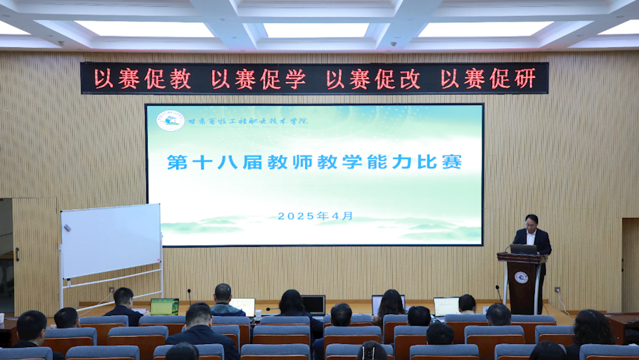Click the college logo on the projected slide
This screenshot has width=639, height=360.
click(171, 120)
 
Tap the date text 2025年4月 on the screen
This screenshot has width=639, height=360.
click(315, 216)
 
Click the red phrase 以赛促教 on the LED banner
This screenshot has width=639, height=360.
click(142, 79)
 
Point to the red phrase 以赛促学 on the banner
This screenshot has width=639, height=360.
click(258, 79)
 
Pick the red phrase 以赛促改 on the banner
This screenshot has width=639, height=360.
click(373, 79)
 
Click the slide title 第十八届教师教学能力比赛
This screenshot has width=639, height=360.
click(314, 162)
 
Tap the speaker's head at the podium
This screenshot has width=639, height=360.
click(531, 221)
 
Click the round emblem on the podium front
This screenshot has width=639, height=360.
click(521, 278)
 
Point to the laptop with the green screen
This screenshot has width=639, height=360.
click(164, 306)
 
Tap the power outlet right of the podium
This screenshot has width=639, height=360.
click(557, 290)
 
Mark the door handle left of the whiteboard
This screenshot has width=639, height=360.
click(17, 254)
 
